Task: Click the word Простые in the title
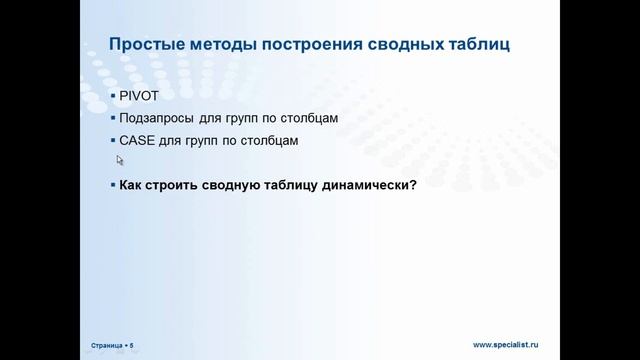[143, 44]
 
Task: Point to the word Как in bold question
[131, 185]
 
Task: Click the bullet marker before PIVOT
[112, 97]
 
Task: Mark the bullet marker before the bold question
[112, 185]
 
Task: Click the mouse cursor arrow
[120, 158]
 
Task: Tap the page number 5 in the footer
[131, 345]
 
